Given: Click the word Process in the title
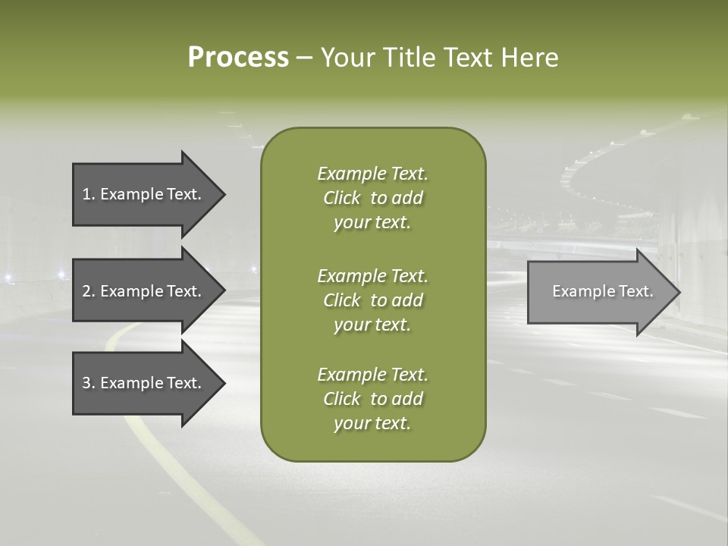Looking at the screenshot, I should coord(238,58).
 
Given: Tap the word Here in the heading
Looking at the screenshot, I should coord(529,58).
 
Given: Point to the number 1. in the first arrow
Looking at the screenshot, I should coord(89,194).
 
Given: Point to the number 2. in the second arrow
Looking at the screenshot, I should coord(89,291).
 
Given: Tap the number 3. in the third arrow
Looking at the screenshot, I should coord(89,383).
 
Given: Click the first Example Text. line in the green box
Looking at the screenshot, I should coord(372,174).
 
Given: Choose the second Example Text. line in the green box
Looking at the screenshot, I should coord(372,275).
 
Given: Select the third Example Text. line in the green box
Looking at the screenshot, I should coord(372,375).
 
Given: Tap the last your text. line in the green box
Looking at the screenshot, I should coord(372,424).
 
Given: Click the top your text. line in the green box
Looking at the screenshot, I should coord(372,223).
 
